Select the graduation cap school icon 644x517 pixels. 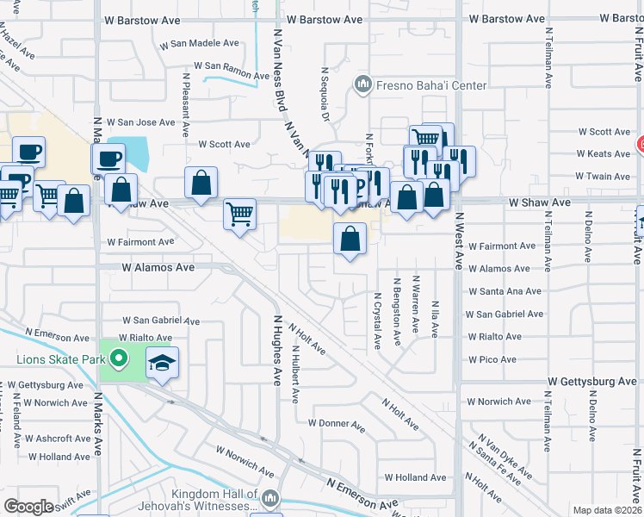point(162,363)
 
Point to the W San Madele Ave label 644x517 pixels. point(205,43)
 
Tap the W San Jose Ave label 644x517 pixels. point(140,122)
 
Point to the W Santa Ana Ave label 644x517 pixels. point(505,291)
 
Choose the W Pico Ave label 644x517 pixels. point(492,359)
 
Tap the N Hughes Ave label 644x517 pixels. point(278,350)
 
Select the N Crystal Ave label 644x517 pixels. point(377,318)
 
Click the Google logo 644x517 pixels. point(28,507)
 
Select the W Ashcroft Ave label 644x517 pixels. point(58,439)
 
